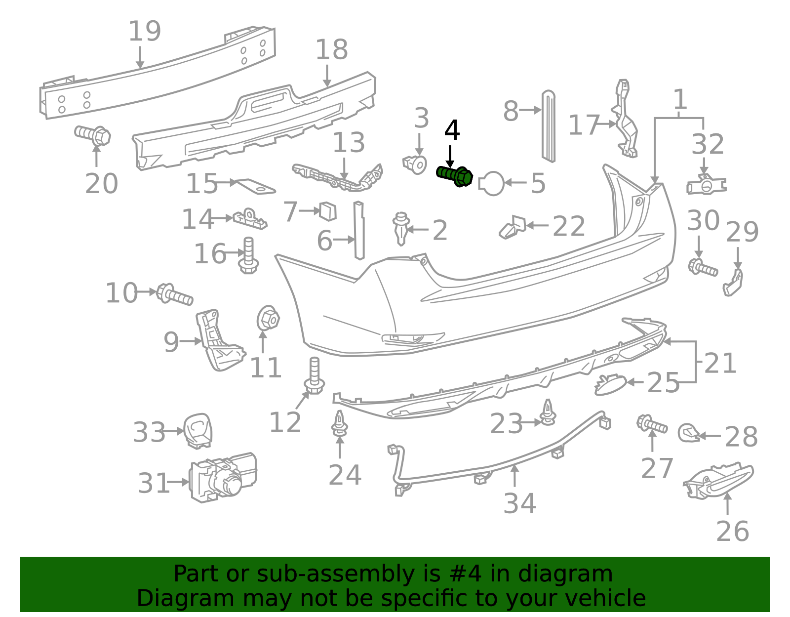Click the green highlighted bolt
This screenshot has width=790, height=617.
(455, 176)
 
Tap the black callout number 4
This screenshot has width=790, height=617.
(452, 131)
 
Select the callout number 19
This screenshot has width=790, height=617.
(145, 31)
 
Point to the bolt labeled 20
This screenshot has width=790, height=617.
(93, 135)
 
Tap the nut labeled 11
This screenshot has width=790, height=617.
(268, 319)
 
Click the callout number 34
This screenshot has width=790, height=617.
(519, 503)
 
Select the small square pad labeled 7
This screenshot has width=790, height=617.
(328, 211)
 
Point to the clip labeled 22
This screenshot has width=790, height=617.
(513, 227)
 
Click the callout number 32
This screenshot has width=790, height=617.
(708, 144)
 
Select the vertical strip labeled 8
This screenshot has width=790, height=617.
(548, 126)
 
